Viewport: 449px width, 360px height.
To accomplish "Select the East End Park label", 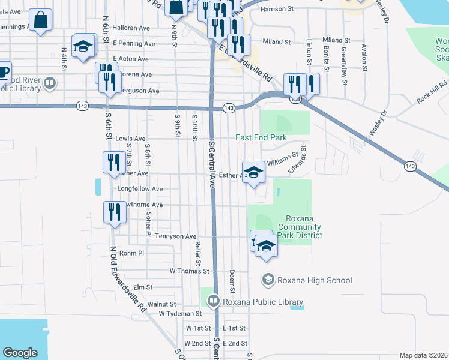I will point(261,137).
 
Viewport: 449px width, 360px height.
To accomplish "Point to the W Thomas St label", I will point(189,271).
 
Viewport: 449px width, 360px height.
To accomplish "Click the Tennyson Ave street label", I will point(176,236).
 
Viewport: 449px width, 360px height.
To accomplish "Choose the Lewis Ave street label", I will point(131,138).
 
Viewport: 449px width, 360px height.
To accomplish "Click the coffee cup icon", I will point(4,72).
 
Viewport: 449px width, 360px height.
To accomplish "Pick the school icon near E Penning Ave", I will point(83,46).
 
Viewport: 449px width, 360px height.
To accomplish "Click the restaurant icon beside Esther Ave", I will point(112,161).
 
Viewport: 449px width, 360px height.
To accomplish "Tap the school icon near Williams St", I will point(254,172).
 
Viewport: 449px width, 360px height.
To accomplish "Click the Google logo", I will point(20,352).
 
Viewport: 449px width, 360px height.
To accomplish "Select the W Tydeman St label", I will point(180,314).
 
